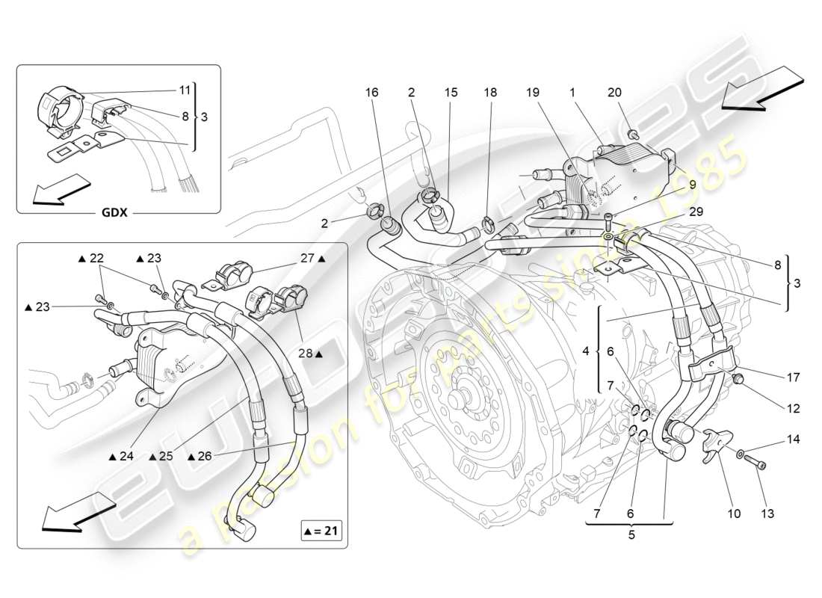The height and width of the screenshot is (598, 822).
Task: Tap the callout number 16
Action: pyautogui.click(x=372, y=93)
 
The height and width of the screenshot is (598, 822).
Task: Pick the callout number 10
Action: pyautogui.click(x=734, y=514)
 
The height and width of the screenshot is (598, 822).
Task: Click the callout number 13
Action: pyautogui.click(x=767, y=514)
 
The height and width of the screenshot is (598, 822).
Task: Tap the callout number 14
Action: pyautogui.click(x=793, y=440)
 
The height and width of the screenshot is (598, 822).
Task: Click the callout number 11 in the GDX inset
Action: pyautogui.click(x=184, y=90)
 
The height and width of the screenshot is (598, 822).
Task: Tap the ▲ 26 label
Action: pyautogui.click(x=200, y=456)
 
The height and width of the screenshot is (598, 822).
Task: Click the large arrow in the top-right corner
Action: pyautogui.click(x=764, y=87)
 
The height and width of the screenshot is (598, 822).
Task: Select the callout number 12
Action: pyautogui.click(x=792, y=409)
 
